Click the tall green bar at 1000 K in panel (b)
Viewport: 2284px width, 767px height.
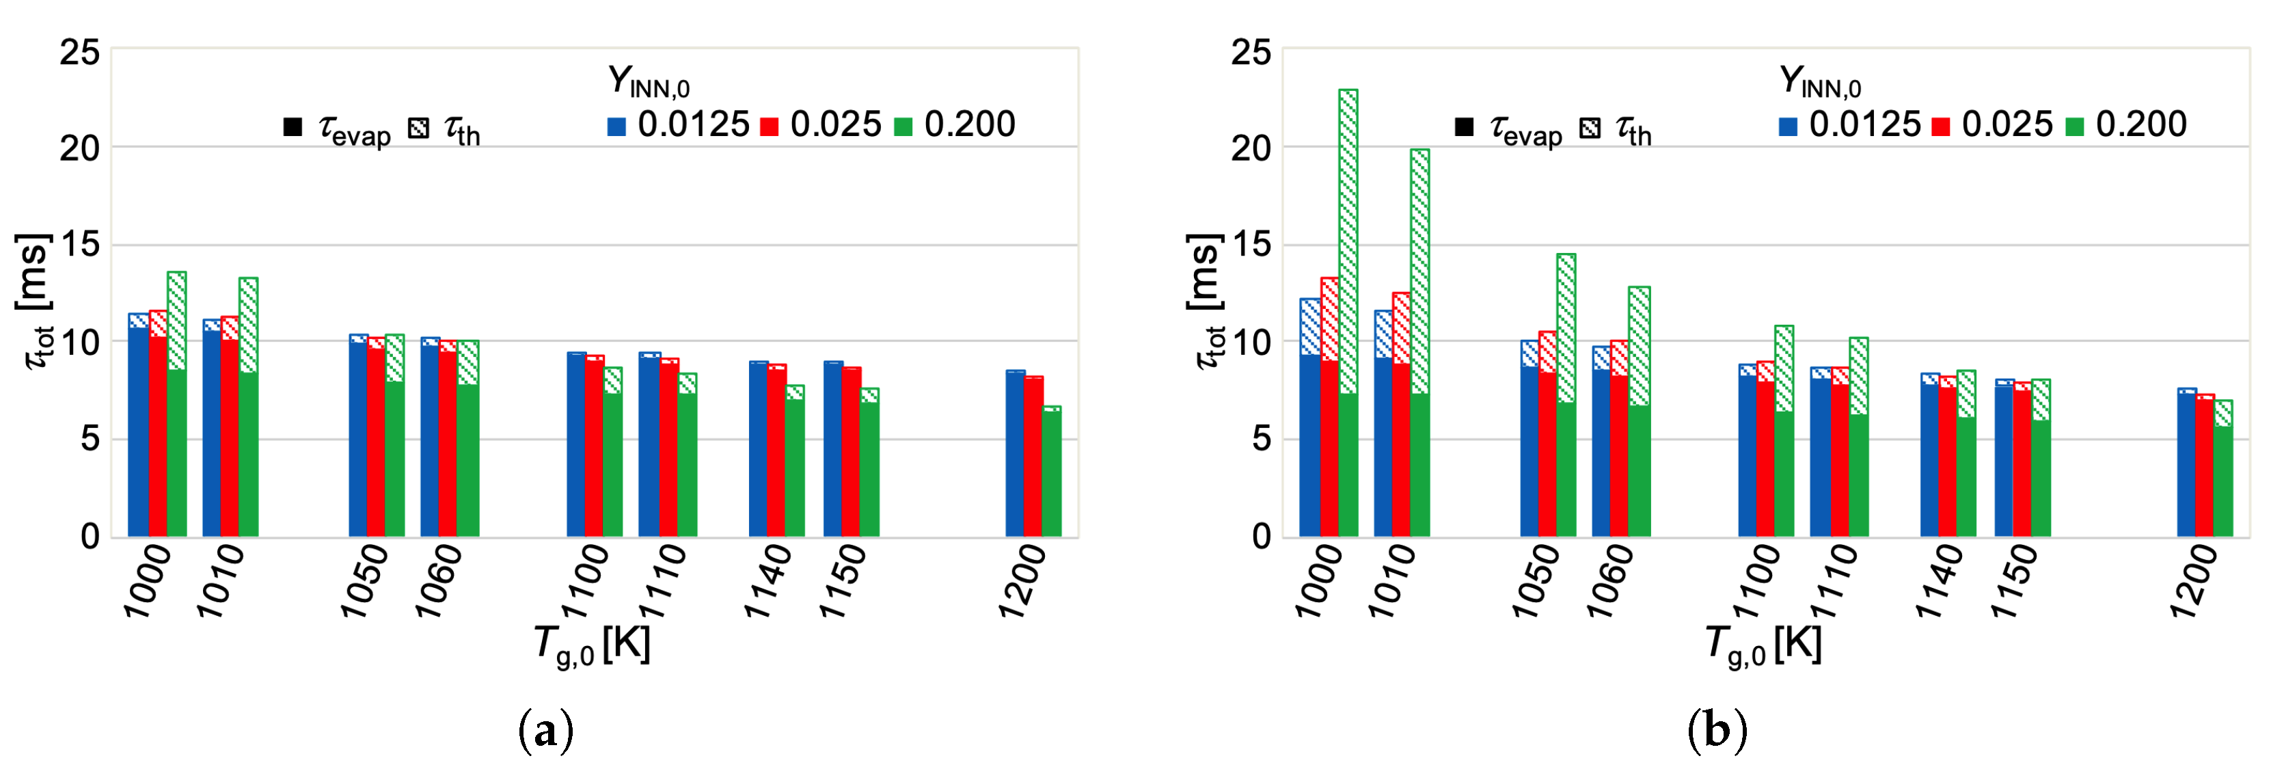pos(1348,310)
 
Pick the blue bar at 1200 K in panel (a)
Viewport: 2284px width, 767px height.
pos(1014,453)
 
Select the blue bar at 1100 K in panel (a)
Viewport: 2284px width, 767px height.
pos(576,444)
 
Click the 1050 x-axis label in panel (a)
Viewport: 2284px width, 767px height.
pos(364,581)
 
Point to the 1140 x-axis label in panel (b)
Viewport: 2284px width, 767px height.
pos(1939,581)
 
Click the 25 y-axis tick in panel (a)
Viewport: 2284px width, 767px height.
pos(80,53)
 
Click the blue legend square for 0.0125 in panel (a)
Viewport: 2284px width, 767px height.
pos(616,126)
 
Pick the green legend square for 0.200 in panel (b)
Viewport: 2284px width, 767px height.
pos(2075,126)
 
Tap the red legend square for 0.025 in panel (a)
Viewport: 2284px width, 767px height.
pos(769,126)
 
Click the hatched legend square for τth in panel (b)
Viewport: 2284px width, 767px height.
pos(1590,129)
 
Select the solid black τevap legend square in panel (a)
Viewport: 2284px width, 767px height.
pos(293,128)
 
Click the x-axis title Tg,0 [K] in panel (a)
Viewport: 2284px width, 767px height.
pos(593,645)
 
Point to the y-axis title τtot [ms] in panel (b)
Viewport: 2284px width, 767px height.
pos(1205,301)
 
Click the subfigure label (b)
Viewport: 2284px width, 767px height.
pos(1717,731)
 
